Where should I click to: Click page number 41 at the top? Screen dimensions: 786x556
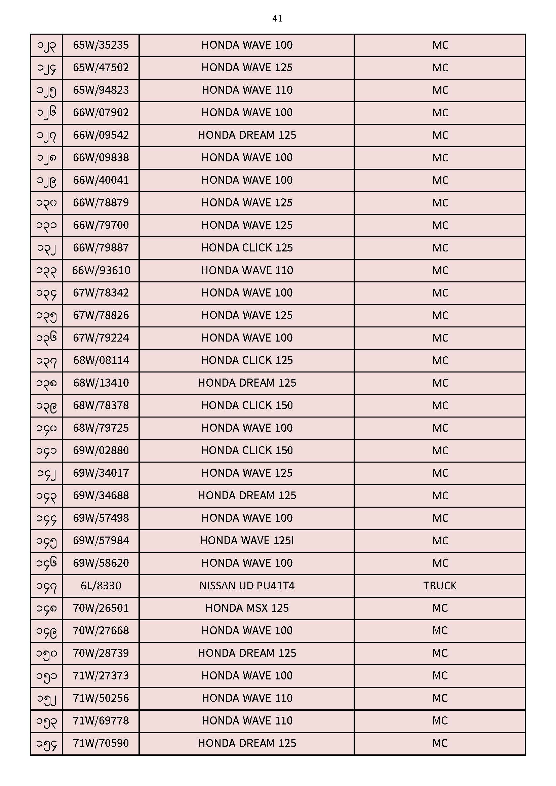pyautogui.click(x=277, y=18)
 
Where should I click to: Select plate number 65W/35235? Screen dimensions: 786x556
pyautogui.click(x=101, y=45)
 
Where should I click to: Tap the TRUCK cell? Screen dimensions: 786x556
pyautogui.click(x=440, y=585)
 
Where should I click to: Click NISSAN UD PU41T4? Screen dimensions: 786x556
pyautogui.click(x=247, y=585)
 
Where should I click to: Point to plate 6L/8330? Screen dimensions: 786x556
pyautogui.click(x=101, y=585)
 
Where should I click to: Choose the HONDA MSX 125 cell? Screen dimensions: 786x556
pyautogui.click(x=247, y=608)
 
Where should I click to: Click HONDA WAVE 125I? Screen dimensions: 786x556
pyautogui.click(x=247, y=541)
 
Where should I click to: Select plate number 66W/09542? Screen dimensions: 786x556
pyautogui.click(x=101, y=135)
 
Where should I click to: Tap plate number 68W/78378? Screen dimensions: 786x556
pyautogui.click(x=101, y=405)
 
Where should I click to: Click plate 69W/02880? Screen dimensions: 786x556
pyautogui.click(x=101, y=450)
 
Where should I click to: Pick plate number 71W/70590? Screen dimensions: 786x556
pyautogui.click(x=101, y=743)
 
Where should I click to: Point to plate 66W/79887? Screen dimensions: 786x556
pyautogui.click(x=101, y=247)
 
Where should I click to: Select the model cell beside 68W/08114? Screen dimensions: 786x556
pyautogui.click(x=247, y=360)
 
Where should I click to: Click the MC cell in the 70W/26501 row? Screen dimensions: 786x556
pyautogui.click(x=440, y=608)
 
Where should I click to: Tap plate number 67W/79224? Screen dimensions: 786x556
pyautogui.click(x=101, y=338)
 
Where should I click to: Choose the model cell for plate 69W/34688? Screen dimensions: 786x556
pyautogui.click(x=247, y=495)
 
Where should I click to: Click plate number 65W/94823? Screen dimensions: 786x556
pyautogui.click(x=101, y=90)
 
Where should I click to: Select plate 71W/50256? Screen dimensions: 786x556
pyautogui.click(x=101, y=698)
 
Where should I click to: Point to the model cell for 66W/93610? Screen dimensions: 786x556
pyautogui.click(x=247, y=270)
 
